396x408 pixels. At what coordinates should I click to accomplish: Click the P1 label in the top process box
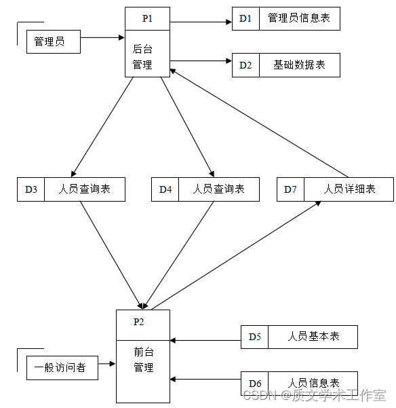[x=147, y=18]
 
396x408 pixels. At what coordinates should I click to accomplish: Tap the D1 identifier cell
[x=245, y=18]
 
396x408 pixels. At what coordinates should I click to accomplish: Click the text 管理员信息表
[x=299, y=18]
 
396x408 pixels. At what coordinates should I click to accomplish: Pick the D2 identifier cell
[x=245, y=65]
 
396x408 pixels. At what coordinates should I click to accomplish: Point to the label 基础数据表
[x=299, y=65]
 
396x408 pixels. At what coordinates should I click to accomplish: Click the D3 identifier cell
[x=31, y=189]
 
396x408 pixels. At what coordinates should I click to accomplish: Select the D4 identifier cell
[x=165, y=189]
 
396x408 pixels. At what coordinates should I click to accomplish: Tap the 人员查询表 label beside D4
[x=218, y=189]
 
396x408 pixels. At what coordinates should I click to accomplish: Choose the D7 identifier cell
[x=290, y=189]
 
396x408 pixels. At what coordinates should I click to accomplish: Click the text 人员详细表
[x=349, y=189]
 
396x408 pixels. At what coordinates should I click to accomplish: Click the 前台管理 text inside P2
[x=143, y=360]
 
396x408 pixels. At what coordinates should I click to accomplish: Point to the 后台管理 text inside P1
[x=142, y=58]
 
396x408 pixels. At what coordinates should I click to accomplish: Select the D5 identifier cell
[x=255, y=337]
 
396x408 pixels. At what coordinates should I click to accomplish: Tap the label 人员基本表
[x=313, y=337]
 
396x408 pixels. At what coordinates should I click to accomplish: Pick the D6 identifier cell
[x=255, y=384]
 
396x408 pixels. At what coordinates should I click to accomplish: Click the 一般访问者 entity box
[x=61, y=368]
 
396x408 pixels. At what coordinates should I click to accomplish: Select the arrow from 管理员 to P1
[x=103, y=37]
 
